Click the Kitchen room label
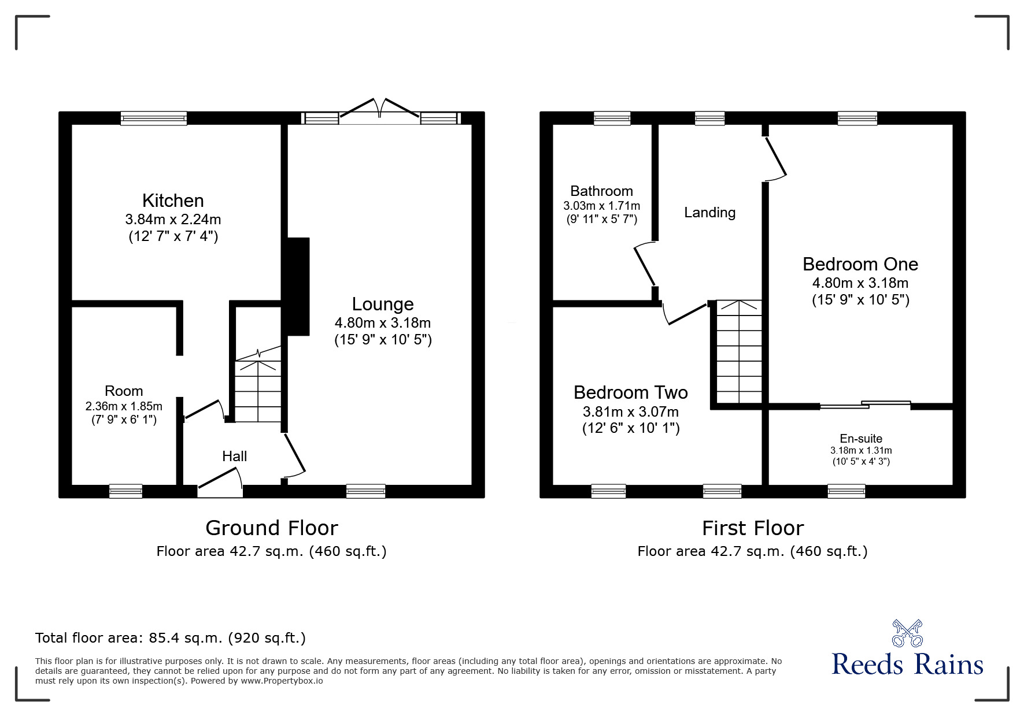(173, 201)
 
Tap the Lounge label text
(383, 304)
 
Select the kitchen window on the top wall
(154, 118)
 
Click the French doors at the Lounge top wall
(380, 112)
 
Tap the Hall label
(234, 456)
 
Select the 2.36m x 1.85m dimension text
(124, 406)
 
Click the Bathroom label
(601, 191)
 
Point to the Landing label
(709, 213)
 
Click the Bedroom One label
(860, 264)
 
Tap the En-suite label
(861, 439)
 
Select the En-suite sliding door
(866, 405)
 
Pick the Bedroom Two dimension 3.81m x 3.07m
(630, 412)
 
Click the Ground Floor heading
(271, 528)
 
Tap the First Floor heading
(752, 528)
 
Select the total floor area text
(171, 638)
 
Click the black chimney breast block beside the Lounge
(298, 286)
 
